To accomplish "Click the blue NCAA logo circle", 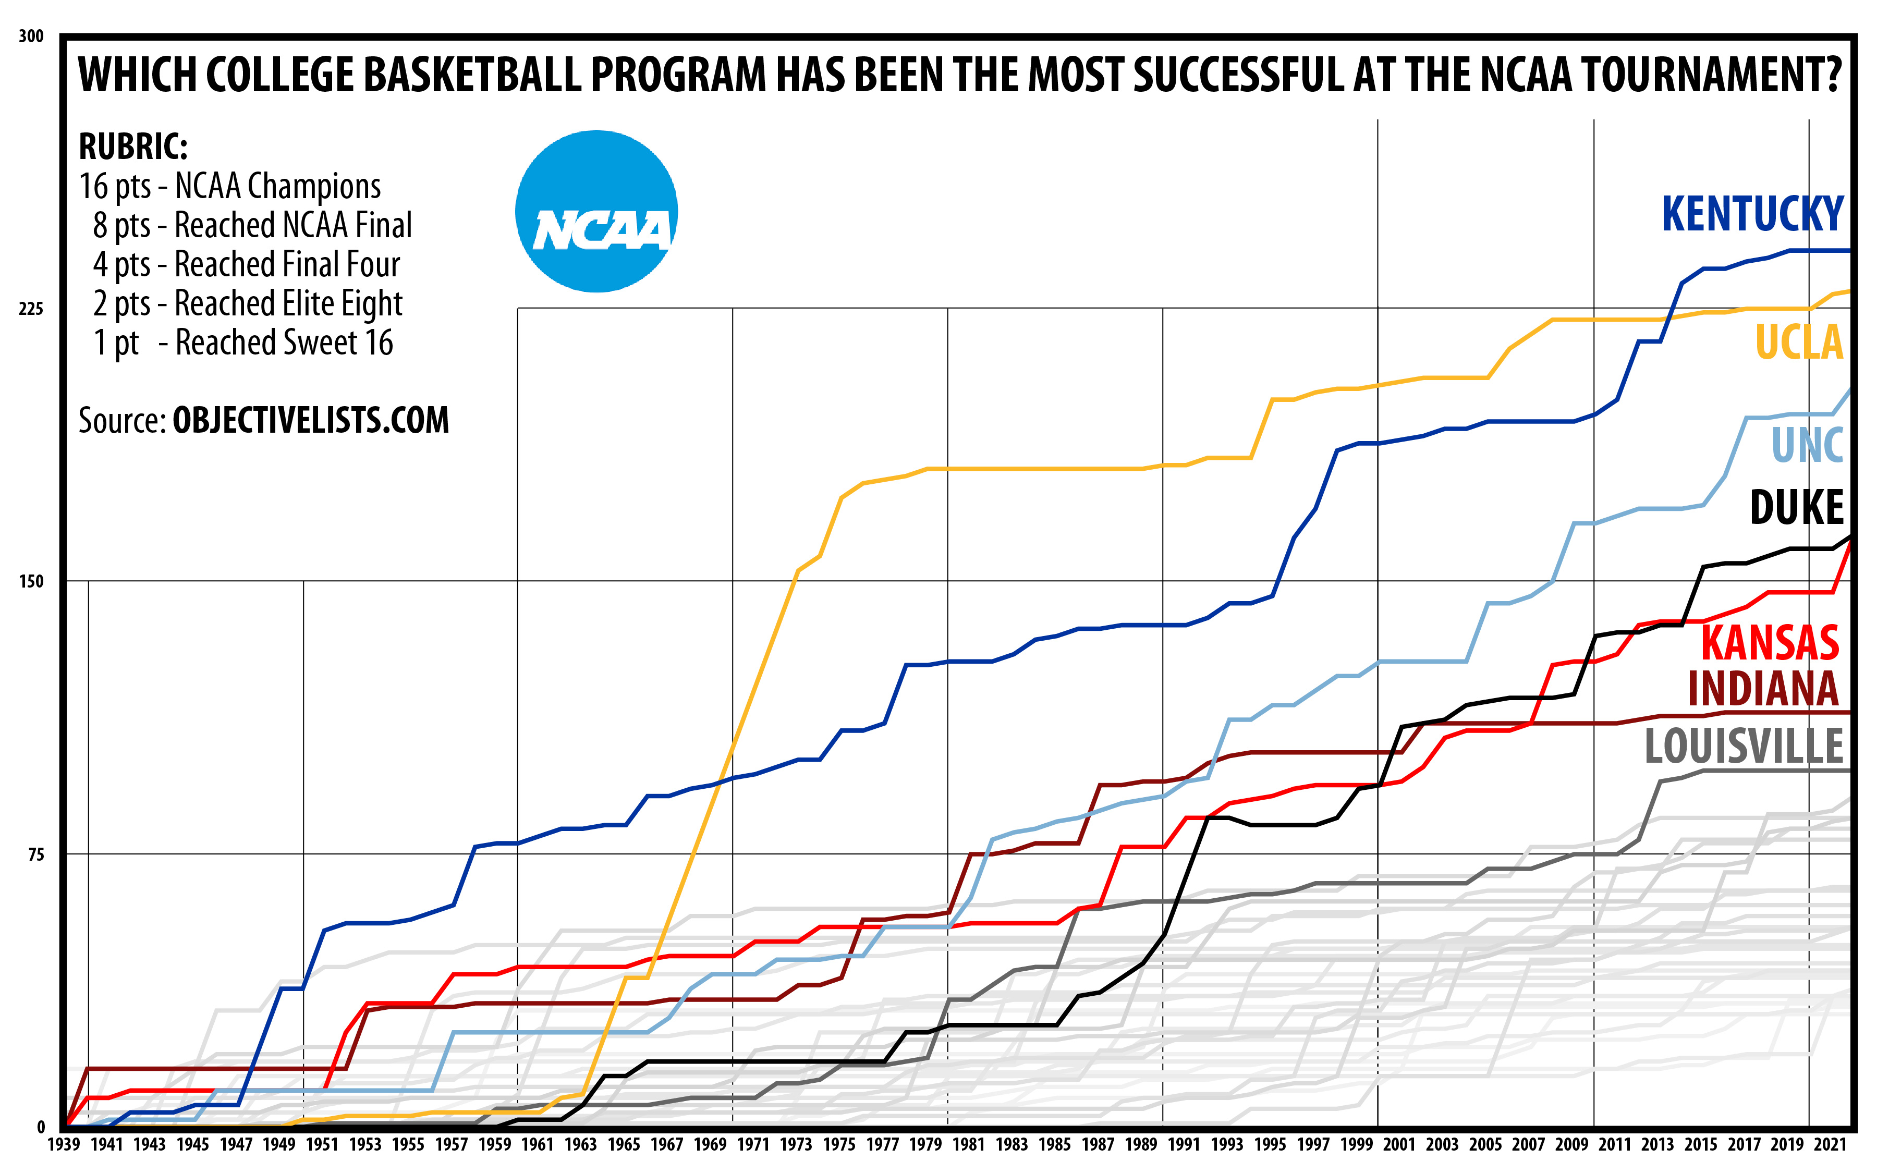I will (x=596, y=211).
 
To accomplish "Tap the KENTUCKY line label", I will (x=1752, y=214).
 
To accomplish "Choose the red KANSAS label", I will (x=1770, y=643).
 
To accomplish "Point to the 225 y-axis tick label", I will (x=31, y=309).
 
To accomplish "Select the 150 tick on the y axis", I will (x=31, y=581).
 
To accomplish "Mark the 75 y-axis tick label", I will (x=35, y=854).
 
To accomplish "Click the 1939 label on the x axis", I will (x=64, y=1144).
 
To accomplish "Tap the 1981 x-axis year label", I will (x=968, y=1144).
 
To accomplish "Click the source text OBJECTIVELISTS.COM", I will (x=310, y=421).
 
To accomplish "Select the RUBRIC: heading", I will (x=133, y=146).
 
